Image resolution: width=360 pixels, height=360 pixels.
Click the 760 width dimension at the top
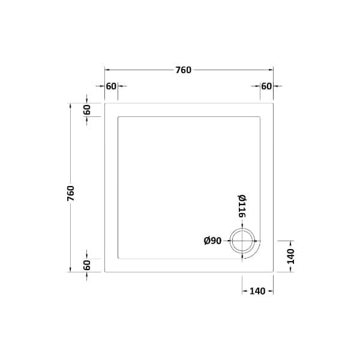click(183, 70)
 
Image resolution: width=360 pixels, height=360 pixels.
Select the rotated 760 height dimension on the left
click(71, 193)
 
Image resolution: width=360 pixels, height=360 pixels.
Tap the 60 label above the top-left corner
click(111, 86)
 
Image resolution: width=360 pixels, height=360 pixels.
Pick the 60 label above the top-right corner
click(266, 86)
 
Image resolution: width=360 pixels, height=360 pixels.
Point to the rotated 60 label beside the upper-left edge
click(87, 110)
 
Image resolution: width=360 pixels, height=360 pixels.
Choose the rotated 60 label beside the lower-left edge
click(87, 265)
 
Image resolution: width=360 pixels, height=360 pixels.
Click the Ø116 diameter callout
click(242, 206)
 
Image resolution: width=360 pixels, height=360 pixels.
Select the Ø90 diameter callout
click(213, 241)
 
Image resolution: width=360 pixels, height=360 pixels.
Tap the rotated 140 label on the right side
click(290, 256)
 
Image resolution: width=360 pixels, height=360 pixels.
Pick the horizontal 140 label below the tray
click(257, 291)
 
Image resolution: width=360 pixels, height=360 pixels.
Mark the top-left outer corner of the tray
click(105, 103)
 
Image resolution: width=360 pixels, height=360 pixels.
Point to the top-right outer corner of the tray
click(273, 103)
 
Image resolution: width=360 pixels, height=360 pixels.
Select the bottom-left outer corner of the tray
click(105, 271)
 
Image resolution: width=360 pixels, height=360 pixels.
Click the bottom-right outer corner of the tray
click(273, 271)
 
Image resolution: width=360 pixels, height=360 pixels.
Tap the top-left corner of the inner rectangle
click(118, 116)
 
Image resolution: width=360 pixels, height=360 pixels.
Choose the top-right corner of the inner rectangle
click(260, 116)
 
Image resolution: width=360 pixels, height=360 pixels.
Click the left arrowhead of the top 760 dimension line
click(107, 70)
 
